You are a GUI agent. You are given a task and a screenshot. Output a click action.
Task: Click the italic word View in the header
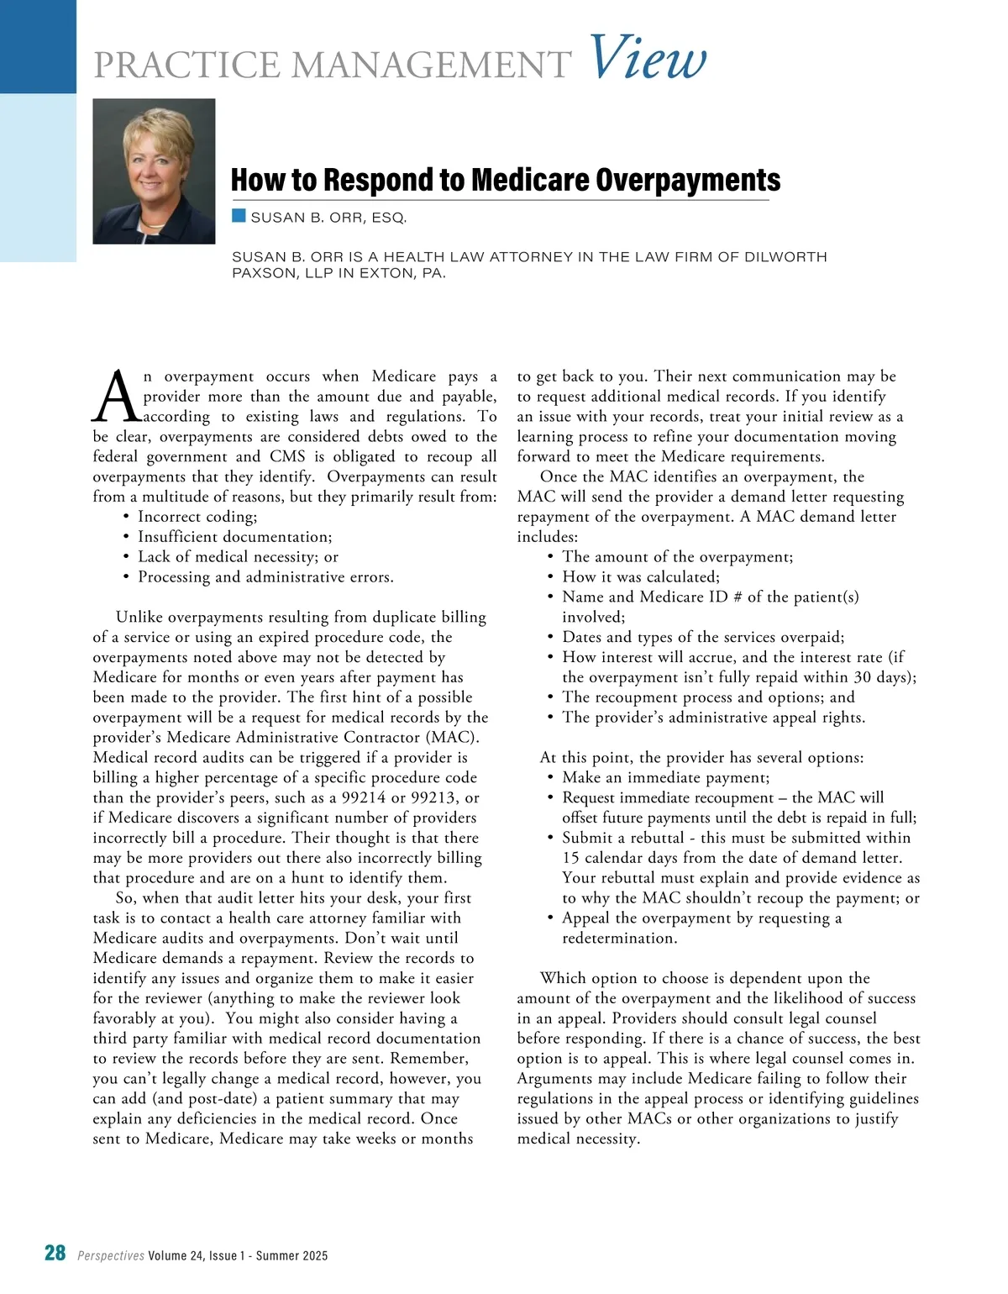coord(648,59)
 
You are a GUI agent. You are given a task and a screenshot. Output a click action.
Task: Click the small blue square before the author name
coord(239,217)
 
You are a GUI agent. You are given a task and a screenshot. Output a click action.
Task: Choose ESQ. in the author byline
coord(389,218)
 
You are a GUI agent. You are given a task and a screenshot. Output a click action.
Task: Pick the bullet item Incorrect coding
coord(197,517)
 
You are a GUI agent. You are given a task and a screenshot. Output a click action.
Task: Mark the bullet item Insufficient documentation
coord(234,537)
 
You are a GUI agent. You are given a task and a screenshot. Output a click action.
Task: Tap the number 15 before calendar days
coord(571,858)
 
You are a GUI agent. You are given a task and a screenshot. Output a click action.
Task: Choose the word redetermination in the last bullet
coord(619,939)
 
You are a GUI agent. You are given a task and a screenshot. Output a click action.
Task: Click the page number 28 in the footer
coord(55,1254)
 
